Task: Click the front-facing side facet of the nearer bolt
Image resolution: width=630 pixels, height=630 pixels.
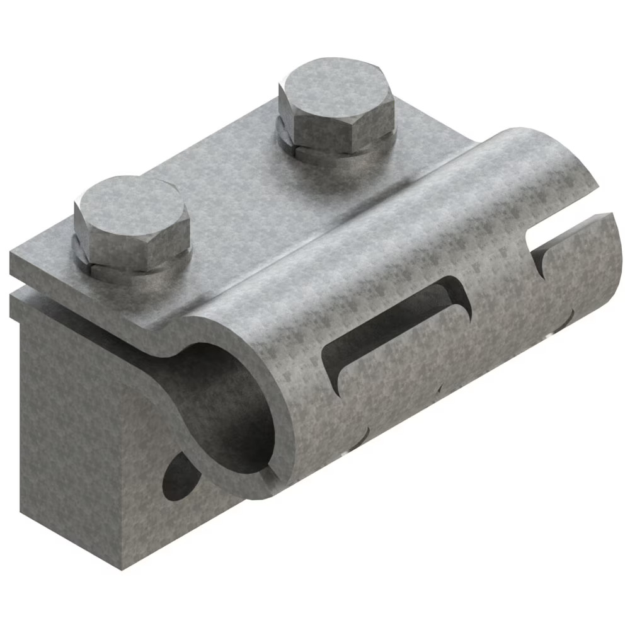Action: [x=132, y=243]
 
